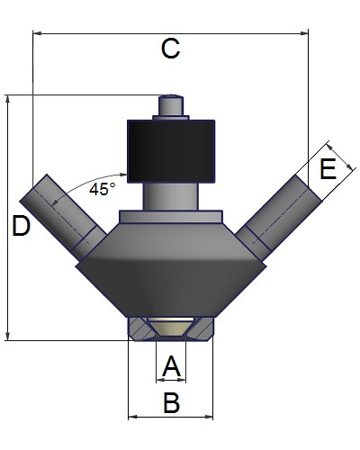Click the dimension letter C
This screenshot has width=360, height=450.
coord(170,49)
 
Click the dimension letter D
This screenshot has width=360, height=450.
coord(21,226)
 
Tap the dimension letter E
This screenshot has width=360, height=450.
coord(328,169)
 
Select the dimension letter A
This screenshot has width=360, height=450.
coord(171,366)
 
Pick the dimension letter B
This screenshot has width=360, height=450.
coord(172,402)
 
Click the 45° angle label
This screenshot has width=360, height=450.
coord(103,189)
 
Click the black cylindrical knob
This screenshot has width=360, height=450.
coord(171,151)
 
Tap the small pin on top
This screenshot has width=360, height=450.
coord(171,105)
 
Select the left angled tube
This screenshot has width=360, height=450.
coord(62,217)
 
